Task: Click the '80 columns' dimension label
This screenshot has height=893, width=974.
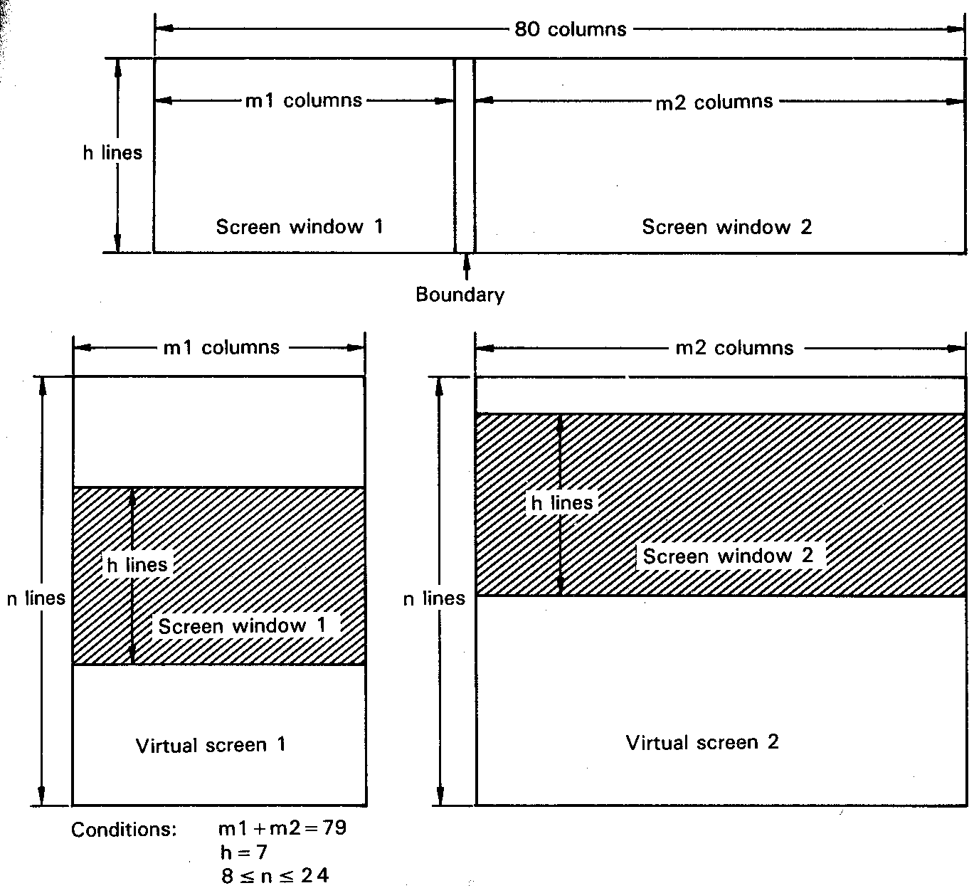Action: [570, 30]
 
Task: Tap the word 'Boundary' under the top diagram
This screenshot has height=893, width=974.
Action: [460, 295]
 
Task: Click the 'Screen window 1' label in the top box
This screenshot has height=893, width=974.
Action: [299, 227]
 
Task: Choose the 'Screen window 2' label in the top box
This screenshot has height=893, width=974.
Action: [726, 227]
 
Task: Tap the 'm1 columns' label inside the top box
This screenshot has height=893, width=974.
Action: [304, 100]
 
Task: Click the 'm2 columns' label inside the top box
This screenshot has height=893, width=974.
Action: [714, 102]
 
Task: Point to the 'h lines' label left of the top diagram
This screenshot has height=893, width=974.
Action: [112, 153]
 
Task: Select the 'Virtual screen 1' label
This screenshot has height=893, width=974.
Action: [211, 745]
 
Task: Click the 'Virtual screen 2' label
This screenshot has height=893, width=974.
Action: [702, 743]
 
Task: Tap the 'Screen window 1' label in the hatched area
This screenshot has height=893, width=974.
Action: [242, 626]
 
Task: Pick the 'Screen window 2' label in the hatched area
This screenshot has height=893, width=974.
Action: [728, 556]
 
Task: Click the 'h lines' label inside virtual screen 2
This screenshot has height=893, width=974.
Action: [562, 503]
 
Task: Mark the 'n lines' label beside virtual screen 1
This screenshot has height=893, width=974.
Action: [36, 598]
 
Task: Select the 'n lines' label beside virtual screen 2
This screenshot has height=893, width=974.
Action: [434, 598]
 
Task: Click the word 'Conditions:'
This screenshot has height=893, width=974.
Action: [124, 830]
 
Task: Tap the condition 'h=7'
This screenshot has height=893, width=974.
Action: [243, 852]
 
